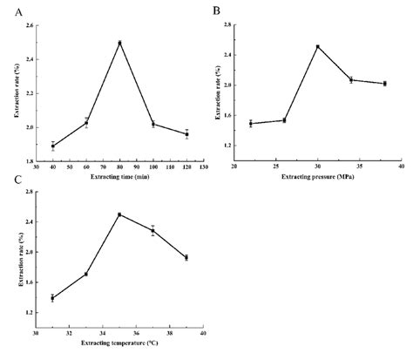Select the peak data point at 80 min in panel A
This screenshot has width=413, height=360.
pyautogui.click(x=119, y=43)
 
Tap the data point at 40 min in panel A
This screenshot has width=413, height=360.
pyautogui.click(x=52, y=146)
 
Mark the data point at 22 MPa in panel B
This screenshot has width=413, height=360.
pyautogui.click(x=250, y=124)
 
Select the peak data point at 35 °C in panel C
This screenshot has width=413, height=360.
pyautogui.click(x=119, y=214)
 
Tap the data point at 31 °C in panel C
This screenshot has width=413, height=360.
pyautogui.click(x=52, y=298)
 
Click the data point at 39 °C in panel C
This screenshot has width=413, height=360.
pyautogui.click(x=186, y=257)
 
